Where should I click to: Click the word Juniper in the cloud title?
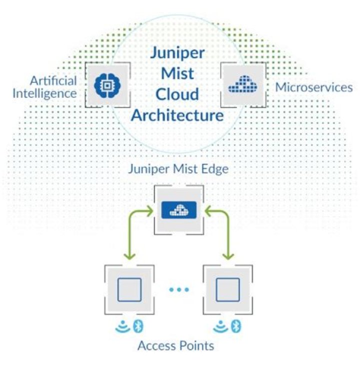tap(177, 54)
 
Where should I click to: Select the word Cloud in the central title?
tap(177, 94)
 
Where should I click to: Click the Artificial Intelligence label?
tap(53, 87)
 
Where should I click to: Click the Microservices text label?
tap(314, 87)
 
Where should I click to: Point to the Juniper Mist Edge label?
tap(178, 169)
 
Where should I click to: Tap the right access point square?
tap(227, 289)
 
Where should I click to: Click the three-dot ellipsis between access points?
tap(178, 290)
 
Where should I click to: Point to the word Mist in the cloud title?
tap(177, 74)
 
